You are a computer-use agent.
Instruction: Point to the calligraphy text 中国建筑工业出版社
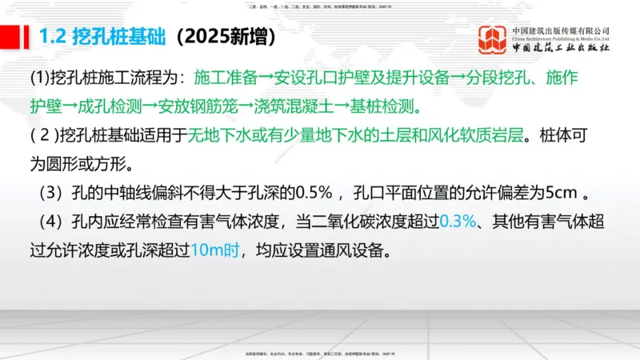point(560,49)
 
